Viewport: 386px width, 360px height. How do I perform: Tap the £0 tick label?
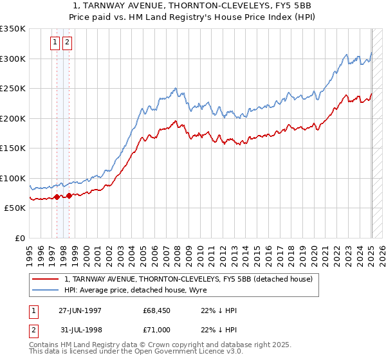pos(19,238)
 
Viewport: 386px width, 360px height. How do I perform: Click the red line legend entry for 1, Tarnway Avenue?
pos(188,279)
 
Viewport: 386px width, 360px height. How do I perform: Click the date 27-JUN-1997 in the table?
pos(80,310)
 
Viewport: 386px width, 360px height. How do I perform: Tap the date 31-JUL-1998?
pos(80,329)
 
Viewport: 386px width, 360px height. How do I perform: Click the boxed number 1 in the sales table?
pos(33,310)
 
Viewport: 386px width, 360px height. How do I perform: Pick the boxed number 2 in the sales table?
pos(33,329)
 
